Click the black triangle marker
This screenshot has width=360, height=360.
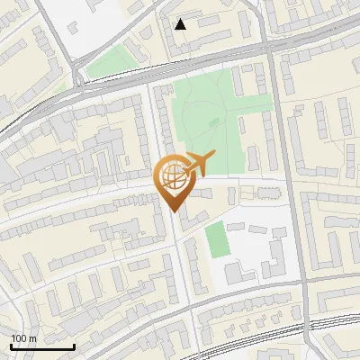181,24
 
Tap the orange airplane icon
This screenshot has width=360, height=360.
198,164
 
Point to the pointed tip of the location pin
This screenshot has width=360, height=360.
172,212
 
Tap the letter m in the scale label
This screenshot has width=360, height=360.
32,338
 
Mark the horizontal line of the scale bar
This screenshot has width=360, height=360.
42,346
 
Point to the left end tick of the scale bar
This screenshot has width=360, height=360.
11,345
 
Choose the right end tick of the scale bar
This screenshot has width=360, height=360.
74,345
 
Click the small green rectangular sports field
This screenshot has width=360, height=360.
215,239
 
